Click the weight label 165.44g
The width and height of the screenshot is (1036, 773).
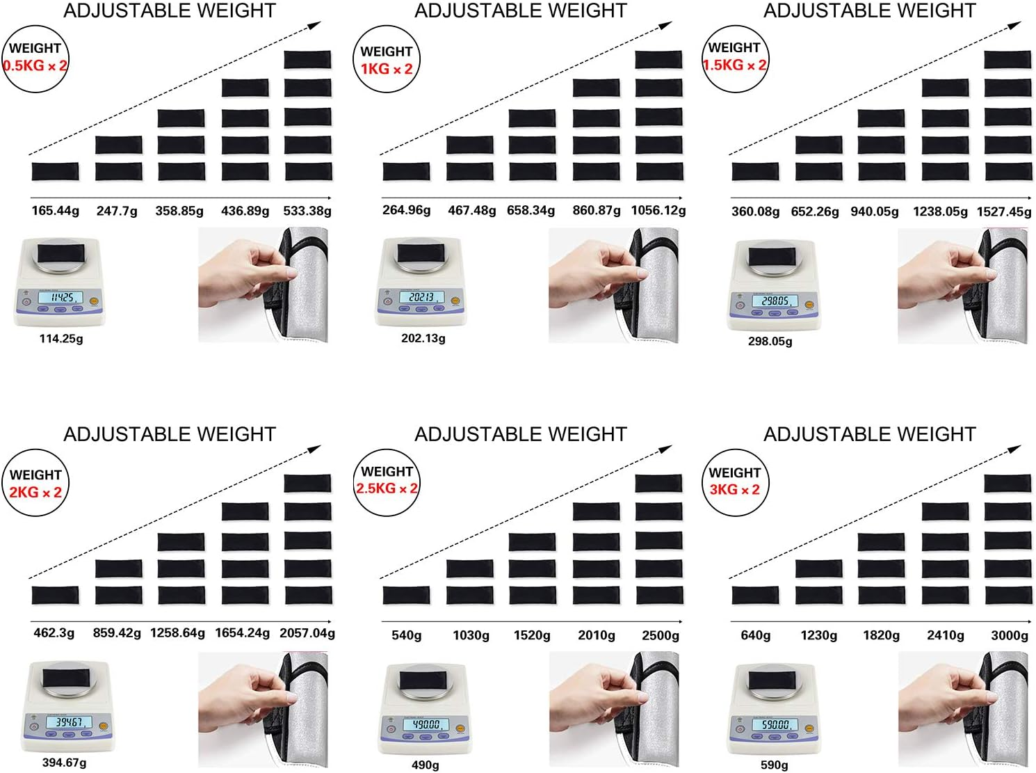(55, 211)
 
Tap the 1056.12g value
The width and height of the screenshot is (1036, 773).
(658, 210)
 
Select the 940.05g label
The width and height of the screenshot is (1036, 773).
(874, 211)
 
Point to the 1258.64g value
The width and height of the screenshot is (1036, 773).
(177, 632)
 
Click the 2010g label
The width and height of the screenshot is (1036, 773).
(597, 635)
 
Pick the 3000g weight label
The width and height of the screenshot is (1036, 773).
(1009, 635)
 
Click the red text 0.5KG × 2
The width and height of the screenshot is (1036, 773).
(35, 65)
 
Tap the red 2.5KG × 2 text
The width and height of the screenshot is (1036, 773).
(387, 488)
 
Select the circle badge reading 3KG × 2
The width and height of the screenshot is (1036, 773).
(736, 483)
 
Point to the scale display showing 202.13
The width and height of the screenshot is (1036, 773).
(421, 297)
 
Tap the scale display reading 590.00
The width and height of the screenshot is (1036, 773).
(775, 724)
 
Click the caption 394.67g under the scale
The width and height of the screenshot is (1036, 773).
(64, 763)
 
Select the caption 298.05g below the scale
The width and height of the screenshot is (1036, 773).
(770, 341)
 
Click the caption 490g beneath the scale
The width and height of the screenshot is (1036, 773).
(425, 765)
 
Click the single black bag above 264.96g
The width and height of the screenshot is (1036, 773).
(406, 171)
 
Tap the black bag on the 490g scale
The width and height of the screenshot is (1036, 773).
(423, 680)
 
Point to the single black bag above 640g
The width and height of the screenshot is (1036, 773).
(755, 595)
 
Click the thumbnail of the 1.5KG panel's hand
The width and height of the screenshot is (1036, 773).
(962, 286)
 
